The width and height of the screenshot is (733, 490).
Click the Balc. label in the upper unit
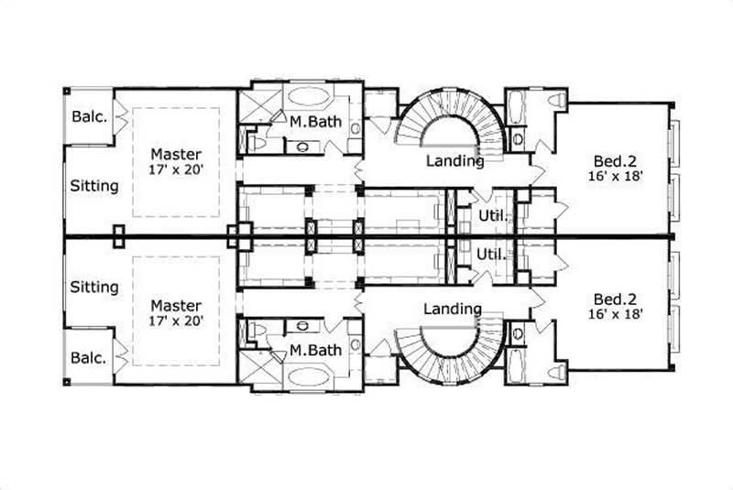(91, 117)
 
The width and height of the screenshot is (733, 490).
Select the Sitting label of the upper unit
(94, 186)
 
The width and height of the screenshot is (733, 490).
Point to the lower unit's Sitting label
(94, 287)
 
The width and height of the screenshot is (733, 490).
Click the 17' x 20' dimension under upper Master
(176, 169)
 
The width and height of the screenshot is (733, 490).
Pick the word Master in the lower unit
(176, 305)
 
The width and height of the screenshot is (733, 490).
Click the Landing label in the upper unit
(455, 161)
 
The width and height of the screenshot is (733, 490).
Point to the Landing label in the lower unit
(453, 309)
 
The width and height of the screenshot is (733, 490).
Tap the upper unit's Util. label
(492, 216)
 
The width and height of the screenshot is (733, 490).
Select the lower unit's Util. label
(492, 255)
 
